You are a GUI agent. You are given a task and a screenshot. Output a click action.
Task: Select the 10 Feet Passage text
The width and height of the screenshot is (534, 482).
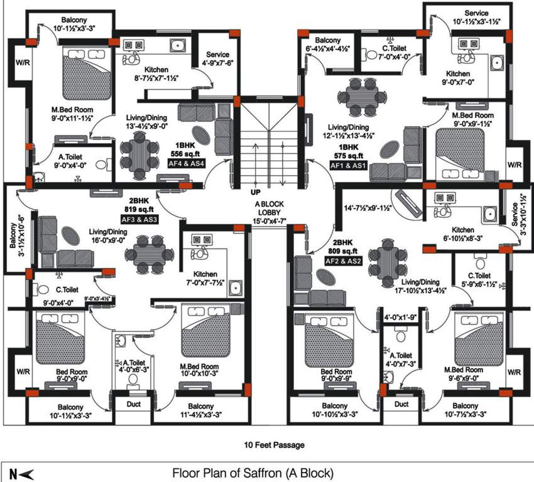pyautogui.click(x=275, y=444)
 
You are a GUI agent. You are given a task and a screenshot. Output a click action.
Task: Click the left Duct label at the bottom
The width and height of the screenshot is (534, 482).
pyautogui.click(x=133, y=405)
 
